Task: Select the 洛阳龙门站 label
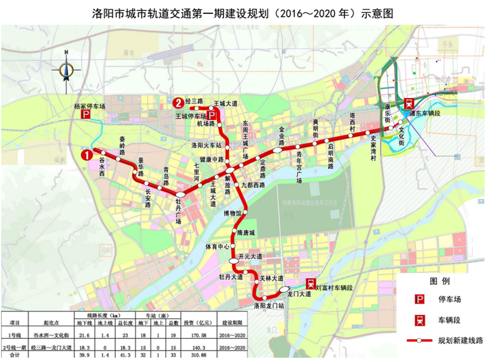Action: point(269,304)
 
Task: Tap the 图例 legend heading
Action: point(439,281)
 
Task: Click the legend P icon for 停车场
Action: point(419,299)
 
